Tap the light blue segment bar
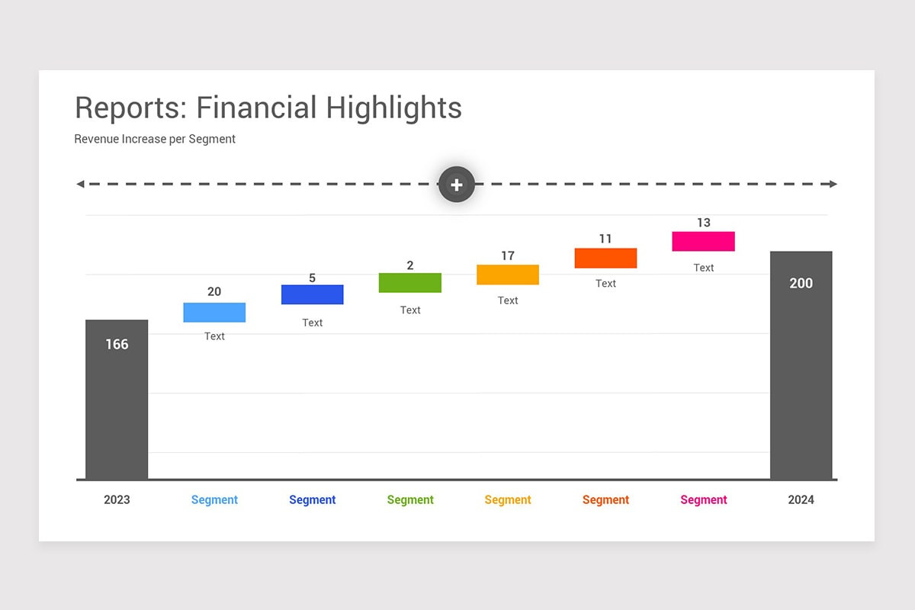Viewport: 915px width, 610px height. point(214,313)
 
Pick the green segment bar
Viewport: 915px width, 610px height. point(410,283)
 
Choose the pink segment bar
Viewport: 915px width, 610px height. point(703,242)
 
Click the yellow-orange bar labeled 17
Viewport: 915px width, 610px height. point(508,274)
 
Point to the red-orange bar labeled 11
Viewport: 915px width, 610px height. point(605,258)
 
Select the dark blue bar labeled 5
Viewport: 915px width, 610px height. point(312,294)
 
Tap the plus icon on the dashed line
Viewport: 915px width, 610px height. point(457,185)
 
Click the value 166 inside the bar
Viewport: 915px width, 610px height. point(117,345)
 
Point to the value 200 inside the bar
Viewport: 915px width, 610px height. point(801,284)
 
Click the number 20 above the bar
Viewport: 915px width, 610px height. point(214,292)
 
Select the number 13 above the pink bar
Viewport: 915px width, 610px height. point(703,223)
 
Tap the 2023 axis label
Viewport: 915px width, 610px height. point(117,500)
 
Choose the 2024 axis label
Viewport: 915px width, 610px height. point(801,500)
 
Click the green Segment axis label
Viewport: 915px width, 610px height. point(410,500)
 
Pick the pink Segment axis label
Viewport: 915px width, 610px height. point(703,500)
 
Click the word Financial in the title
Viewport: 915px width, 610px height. point(256,108)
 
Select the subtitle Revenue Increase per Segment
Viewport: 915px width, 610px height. point(155,140)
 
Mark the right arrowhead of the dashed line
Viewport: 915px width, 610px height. point(833,185)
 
